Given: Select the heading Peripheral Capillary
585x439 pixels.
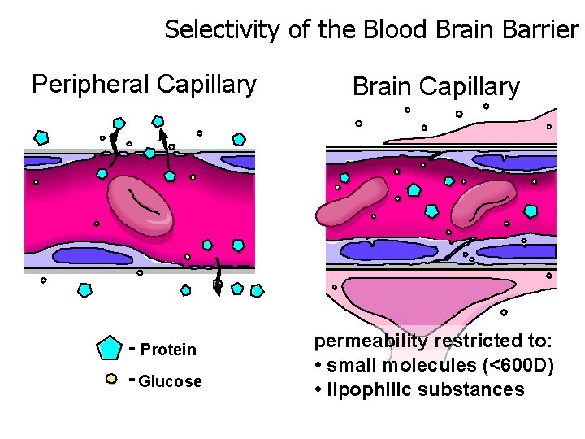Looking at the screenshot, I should [x=144, y=84].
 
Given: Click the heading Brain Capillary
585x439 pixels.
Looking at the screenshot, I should [x=435, y=87].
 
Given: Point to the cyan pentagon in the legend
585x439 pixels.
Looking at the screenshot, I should [x=109, y=348].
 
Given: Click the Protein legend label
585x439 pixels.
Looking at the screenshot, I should [x=168, y=350].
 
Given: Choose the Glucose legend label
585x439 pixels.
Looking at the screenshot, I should [x=171, y=381].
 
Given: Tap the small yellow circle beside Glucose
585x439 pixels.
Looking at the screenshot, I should [x=112, y=378].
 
